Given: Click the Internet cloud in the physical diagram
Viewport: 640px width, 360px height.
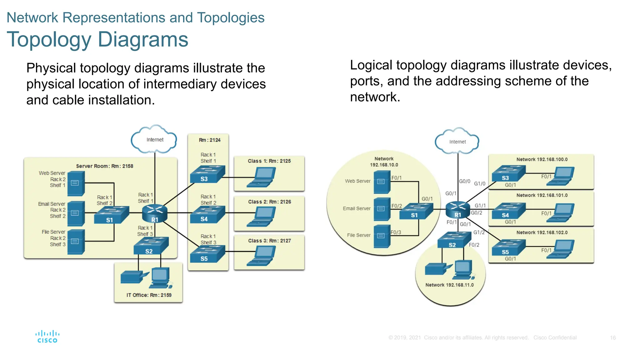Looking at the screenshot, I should pyautogui.click(x=154, y=140).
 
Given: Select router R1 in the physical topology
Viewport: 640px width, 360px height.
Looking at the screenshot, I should pyautogui.click(x=155, y=213).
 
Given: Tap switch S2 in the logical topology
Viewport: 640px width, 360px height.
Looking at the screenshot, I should pyautogui.click(x=453, y=240).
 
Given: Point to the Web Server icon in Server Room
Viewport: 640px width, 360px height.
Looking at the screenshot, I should pyautogui.click(x=76, y=183).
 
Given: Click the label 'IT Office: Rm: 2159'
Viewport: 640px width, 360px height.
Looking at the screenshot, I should pyautogui.click(x=149, y=295).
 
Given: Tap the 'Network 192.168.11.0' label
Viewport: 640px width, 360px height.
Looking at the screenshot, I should pyautogui.click(x=449, y=285).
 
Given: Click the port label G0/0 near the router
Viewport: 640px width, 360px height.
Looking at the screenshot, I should pyautogui.click(x=464, y=181).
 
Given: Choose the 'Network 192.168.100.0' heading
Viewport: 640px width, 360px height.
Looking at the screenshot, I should pyautogui.click(x=542, y=159).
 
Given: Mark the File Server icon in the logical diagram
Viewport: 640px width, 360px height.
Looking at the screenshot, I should pyautogui.click(x=382, y=236).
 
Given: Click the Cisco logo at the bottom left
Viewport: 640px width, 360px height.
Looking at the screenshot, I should pyautogui.click(x=47, y=337).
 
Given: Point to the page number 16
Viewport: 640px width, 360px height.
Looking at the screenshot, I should pyautogui.click(x=612, y=338).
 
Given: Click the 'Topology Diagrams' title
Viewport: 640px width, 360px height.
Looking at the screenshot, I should pyautogui.click(x=97, y=40).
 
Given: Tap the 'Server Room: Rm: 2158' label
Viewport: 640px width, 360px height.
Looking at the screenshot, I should pyautogui.click(x=105, y=166).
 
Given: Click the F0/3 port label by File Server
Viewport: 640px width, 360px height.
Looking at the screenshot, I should pyautogui.click(x=396, y=232).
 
